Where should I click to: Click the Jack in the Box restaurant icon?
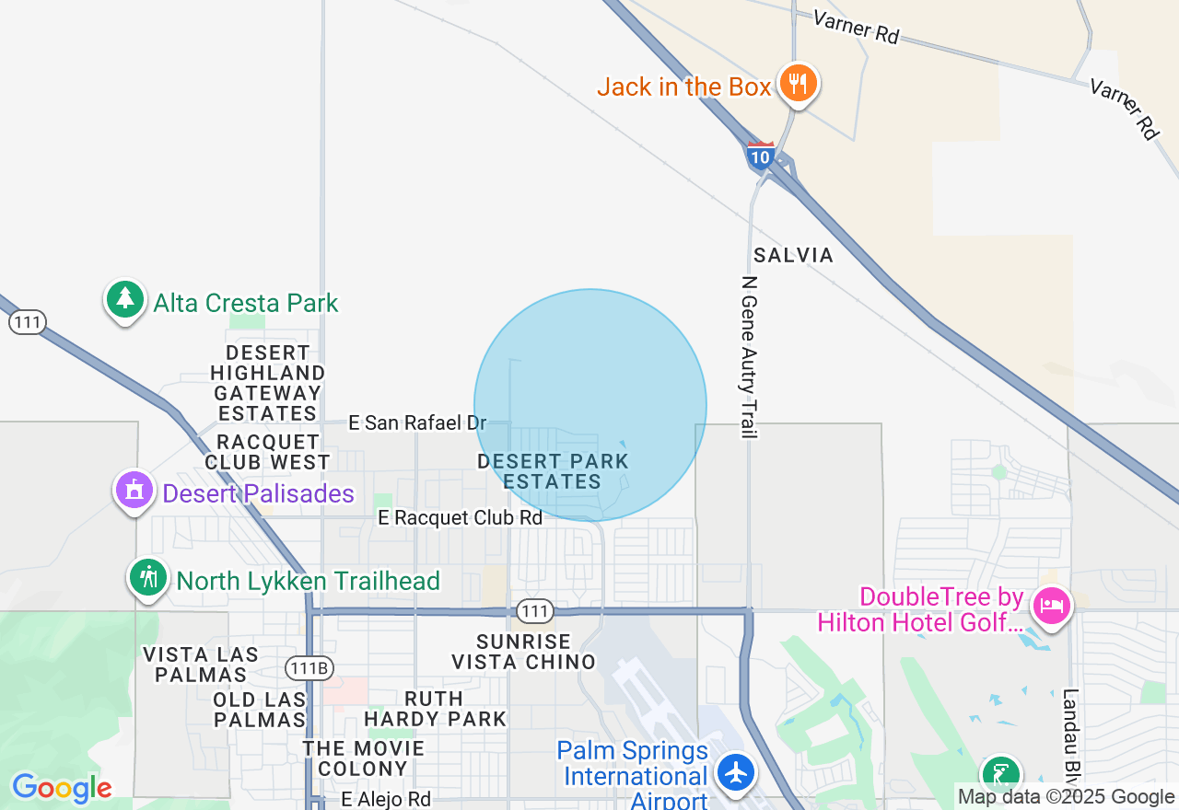coord(798,85)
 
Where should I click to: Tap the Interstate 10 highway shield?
coord(760,155)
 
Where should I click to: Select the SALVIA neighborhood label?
coord(793,255)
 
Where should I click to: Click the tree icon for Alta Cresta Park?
coord(125,299)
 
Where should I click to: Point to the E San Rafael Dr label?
coord(417,422)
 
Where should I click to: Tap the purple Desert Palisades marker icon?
coord(134,491)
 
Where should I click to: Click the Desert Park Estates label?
coord(553,471)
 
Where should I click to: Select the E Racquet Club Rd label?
coord(461,518)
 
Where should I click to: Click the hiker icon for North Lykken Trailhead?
coord(148,578)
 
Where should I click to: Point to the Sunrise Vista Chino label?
coord(523,652)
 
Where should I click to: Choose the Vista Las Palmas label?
coord(201,665)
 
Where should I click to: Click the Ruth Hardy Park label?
coord(435,709)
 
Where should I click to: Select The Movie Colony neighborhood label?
coord(363,758)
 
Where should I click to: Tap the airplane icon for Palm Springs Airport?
coord(735,772)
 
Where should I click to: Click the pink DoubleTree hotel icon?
coord(1050,606)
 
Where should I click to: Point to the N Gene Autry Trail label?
coord(749,357)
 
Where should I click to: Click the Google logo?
coord(62,788)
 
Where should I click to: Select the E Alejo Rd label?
coord(386,799)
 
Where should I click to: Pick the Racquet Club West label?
coord(267,452)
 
